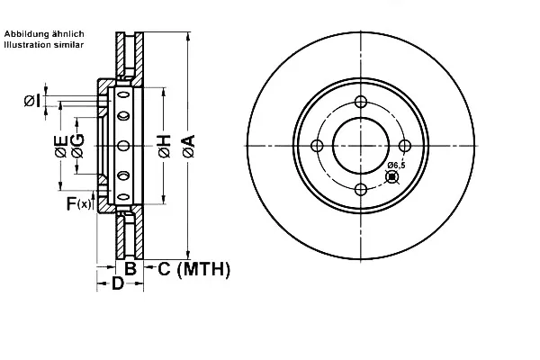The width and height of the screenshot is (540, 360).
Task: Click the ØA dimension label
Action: [x=189, y=146]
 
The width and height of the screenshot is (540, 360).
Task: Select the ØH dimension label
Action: [x=165, y=146]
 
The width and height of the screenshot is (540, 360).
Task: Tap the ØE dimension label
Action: [x=61, y=146]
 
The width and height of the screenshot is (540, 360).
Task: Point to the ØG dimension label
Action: [x=77, y=146]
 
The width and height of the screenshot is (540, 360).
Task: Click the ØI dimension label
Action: [x=32, y=101]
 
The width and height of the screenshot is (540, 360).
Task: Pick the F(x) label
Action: [x=79, y=203]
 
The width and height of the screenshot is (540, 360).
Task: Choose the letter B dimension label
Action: [x=130, y=268]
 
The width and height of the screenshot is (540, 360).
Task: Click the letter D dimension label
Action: [x=118, y=283]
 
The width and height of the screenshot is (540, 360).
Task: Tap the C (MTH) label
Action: [x=194, y=269]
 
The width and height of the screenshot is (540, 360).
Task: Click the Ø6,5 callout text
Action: [x=396, y=166]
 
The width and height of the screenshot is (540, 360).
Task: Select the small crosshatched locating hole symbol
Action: [x=391, y=177]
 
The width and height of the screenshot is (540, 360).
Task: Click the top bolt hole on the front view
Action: [x=361, y=102]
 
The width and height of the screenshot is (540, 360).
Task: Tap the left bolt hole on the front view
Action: [x=317, y=146]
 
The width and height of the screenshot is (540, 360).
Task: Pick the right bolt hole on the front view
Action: [x=405, y=146]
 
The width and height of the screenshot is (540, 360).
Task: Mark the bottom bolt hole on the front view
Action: [x=361, y=190]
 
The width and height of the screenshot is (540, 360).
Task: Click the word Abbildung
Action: [x=27, y=34]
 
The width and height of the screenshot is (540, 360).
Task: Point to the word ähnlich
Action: [x=68, y=34]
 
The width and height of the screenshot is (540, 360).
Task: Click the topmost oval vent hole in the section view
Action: [x=123, y=94]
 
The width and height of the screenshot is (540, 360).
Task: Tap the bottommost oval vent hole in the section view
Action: [x=123, y=197]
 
